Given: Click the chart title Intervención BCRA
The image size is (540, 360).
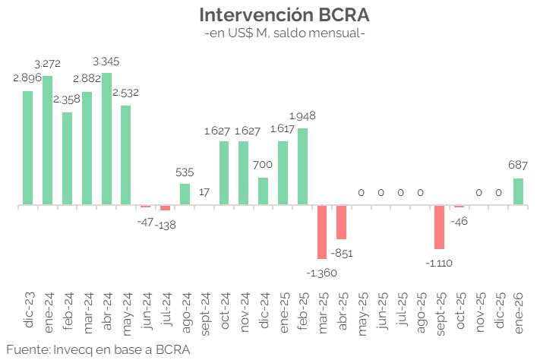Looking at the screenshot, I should coord(285,14).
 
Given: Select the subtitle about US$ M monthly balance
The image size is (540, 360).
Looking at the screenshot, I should coord(285,33).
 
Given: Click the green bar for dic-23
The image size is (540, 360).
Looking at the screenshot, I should coord(28,148).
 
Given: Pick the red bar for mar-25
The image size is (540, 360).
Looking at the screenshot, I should coord(322,232).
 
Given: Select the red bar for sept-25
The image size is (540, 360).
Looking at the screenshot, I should coord(439,227).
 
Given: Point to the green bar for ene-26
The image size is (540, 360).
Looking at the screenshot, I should coord(518,191).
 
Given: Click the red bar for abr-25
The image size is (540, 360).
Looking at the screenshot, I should coord(342,223).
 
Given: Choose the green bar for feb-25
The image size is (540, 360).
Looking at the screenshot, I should coord(302,166).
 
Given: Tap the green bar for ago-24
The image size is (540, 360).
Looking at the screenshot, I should coord(185,194).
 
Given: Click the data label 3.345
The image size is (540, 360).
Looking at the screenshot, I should coord(106,61).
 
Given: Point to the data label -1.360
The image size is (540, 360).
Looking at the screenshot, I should coord(321,272).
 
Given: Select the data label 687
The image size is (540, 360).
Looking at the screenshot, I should coord(518,165).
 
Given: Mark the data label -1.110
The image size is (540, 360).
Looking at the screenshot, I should coord(439,262).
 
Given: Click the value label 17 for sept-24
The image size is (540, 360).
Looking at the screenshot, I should coord(204,191).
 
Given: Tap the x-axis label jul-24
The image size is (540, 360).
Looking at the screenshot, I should coord(166,311).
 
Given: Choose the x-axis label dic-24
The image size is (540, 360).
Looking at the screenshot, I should coord(264,311).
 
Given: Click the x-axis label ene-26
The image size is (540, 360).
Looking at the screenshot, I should coord(519,311).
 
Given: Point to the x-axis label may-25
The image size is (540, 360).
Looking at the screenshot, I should coord(362,311).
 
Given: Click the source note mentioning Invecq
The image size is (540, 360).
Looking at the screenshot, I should coord(97,349).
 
